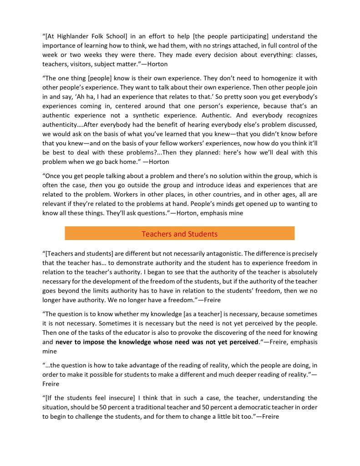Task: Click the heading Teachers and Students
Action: [x=179, y=234]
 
